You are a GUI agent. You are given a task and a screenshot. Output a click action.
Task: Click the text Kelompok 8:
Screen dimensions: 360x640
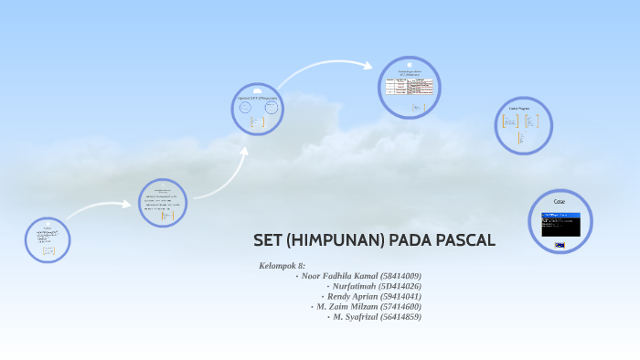point(282,266)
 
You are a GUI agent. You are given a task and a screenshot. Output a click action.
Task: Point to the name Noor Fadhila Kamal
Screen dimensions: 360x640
point(338,276)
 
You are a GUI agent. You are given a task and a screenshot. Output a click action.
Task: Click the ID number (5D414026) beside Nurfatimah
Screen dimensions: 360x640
point(398,286)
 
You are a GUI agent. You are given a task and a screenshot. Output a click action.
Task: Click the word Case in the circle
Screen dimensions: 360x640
point(560,201)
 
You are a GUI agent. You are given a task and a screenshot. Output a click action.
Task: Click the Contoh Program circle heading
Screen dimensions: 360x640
point(525,108)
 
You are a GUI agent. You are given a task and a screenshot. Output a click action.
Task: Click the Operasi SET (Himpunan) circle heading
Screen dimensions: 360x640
point(257,97)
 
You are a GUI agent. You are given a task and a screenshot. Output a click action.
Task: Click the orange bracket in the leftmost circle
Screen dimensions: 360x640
point(48,251)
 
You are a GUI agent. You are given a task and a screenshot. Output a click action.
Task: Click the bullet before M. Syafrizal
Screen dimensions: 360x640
point(328,316)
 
